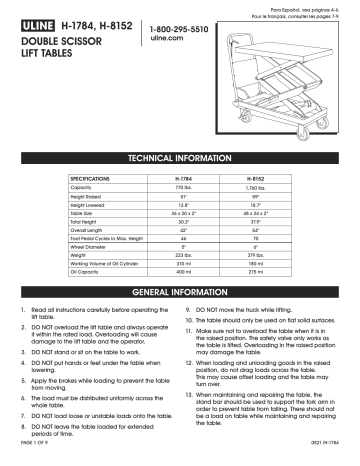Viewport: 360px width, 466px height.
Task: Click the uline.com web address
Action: pyautogui.click(x=166, y=42)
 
